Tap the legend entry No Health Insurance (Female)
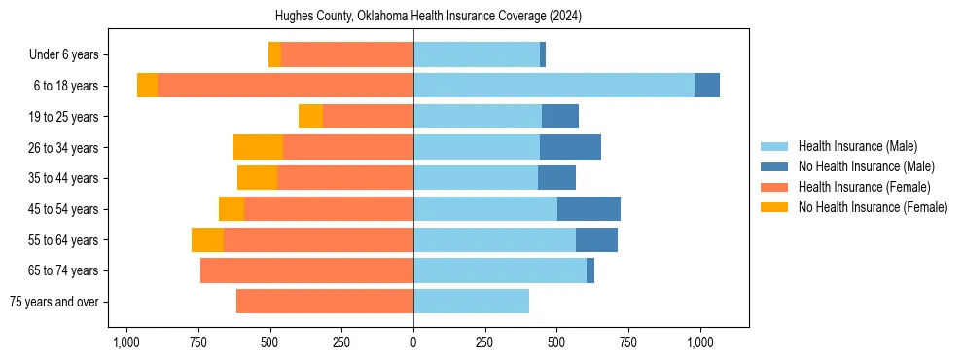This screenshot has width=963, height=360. pyautogui.click(x=873, y=207)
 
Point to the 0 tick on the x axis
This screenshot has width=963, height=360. pyautogui.click(x=413, y=342)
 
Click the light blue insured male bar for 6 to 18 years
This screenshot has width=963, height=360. pyautogui.click(x=553, y=86)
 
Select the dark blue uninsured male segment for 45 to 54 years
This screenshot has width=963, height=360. pyautogui.click(x=588, y=209)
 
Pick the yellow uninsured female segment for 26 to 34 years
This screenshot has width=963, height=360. pyautogui.click(x=258, y=147)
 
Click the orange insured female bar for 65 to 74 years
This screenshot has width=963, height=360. pyautogui.click(x=306, y=270)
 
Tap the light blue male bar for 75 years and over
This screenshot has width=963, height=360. pyautogui.click(x=471, y=302)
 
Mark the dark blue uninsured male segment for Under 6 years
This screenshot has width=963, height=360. pyautogui.click(x=543, y=54)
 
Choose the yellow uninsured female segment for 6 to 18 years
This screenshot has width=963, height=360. pyautogui.click(x=147, y=86)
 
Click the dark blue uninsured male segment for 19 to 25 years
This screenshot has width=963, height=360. pyautogui.click(x=560, y=117)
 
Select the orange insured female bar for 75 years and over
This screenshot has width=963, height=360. pyautogui.click(x=325, y=302)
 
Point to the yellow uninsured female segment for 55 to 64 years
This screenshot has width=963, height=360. pyautogui.click(x=207, y=239)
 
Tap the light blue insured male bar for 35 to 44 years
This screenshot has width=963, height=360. pyautogui.click(x=476, y=178)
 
